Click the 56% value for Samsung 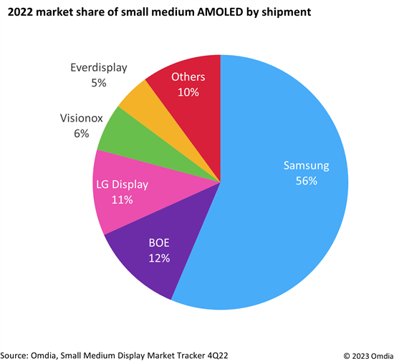306,181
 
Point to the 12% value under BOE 159,258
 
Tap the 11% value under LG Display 122,199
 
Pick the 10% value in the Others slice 188,92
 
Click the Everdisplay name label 98,68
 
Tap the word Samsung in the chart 306,166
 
